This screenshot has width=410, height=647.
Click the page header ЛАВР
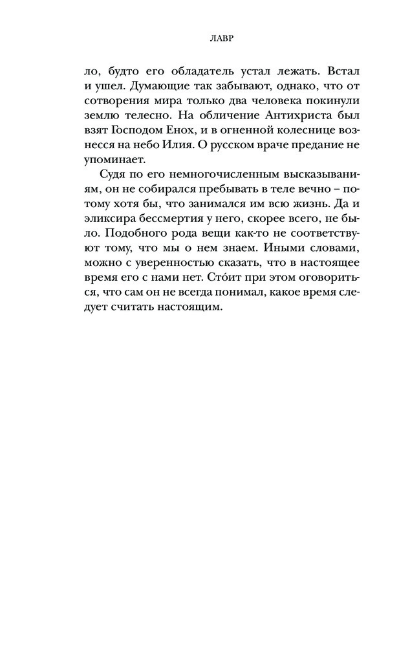point(205,38)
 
